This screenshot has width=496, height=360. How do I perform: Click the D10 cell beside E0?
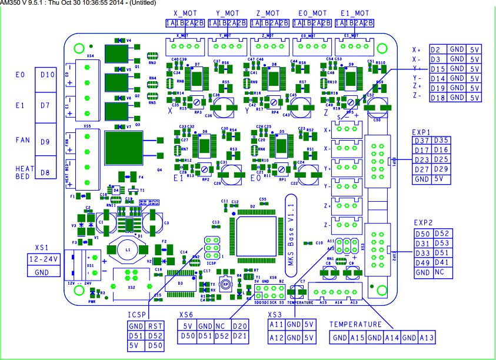point(48,75)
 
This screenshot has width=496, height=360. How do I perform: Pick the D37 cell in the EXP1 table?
point(422,141)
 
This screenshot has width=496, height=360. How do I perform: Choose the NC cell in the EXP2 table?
point(442,273)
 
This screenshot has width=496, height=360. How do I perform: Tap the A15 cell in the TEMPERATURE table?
point(357,338)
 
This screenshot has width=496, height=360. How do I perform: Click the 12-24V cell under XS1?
point(43,259)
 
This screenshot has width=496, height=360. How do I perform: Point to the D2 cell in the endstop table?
point(436,50)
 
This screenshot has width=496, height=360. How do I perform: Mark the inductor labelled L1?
point(128,251)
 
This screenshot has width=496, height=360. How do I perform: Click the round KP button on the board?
point(224,283)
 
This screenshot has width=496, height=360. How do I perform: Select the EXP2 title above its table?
point(423,223)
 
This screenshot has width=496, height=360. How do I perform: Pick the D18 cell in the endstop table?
point(436,97)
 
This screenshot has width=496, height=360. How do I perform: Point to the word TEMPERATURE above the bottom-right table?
point(355,324)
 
